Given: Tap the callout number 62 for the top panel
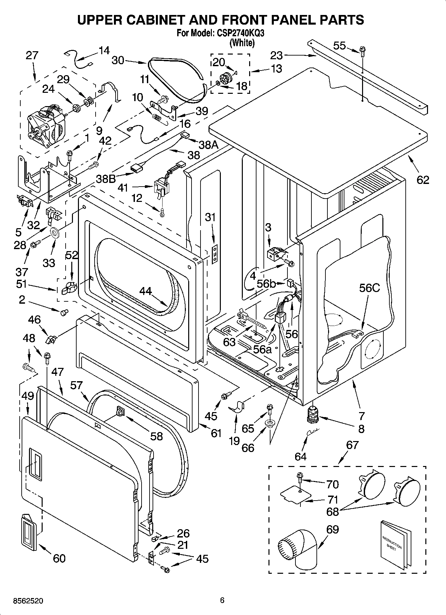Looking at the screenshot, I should tap(423, 180).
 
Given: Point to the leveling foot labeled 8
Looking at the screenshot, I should tap(312, 415).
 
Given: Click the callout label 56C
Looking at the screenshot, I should tap(369, 288).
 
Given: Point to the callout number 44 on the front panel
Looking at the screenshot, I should tap(146, 292).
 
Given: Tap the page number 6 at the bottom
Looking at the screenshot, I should tap(222, 600).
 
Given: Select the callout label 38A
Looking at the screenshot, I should tap(208, 145).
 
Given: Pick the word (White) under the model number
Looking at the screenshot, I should tap(242, 43).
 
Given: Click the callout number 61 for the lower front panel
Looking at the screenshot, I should tap(216, 433).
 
